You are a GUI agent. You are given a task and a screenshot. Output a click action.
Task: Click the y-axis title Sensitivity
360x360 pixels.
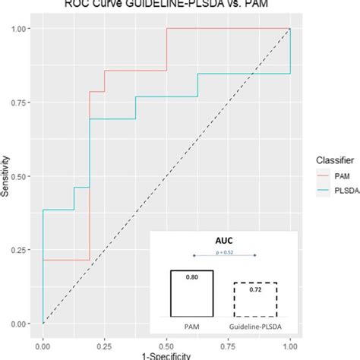(x=5, y=177)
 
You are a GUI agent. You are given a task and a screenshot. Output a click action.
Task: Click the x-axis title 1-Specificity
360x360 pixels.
(x=167, y=355)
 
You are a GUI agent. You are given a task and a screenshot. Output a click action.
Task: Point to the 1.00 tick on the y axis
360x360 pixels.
(x=22, y=29)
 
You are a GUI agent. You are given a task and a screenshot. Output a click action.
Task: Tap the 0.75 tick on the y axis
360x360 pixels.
(x=22, y=103)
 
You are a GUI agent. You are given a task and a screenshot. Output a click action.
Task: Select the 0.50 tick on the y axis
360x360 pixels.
(x=22, y=176)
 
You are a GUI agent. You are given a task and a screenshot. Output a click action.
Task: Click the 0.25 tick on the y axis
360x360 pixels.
(x=22, y=250)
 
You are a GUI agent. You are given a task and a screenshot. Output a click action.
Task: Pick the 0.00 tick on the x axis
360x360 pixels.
(x=43, y=343)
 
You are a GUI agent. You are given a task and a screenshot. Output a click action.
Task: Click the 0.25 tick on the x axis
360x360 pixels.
(x=105, y=343)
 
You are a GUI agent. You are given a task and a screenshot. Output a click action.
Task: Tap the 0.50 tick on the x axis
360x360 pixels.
(x=166, y=343)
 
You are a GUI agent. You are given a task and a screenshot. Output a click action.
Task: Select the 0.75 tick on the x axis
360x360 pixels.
(x=229, y=343)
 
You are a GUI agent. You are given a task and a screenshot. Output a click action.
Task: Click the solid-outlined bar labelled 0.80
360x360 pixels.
(x=191, y=293)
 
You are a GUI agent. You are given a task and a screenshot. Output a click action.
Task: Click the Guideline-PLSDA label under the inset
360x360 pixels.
(x=254, y=327)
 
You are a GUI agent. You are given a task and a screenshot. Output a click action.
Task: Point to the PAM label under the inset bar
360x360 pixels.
(x=191, y=327)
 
